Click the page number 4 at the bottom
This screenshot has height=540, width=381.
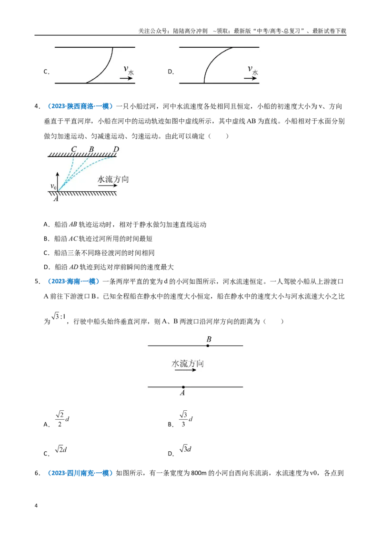[x=36, y=506]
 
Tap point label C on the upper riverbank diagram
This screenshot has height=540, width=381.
[x=74, y=149]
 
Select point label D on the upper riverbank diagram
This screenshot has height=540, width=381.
[x=116, y=149]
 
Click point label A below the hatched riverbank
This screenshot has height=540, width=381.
[x=56, y=199]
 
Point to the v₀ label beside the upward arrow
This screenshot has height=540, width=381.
[x=53, y=187]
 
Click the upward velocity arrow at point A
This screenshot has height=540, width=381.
[x=58, y=181]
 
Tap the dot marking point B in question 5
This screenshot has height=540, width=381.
[x=208, y=345]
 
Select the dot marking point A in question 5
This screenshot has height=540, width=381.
[x=183, y=387]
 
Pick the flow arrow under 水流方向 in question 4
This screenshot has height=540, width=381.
[x=108, y=186]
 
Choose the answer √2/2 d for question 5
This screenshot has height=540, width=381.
[x=62, y=419]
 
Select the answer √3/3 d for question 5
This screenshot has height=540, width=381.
[x=186, y=419]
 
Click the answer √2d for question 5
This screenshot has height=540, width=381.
[x=61, y=449]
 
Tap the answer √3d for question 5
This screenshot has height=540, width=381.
[x=185, y=449]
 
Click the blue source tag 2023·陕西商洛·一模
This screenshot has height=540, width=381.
[x=80, y=106]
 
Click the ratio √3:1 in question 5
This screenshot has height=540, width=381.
[x=59, y=316]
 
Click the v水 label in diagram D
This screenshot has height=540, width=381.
[x=253, y=70]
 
